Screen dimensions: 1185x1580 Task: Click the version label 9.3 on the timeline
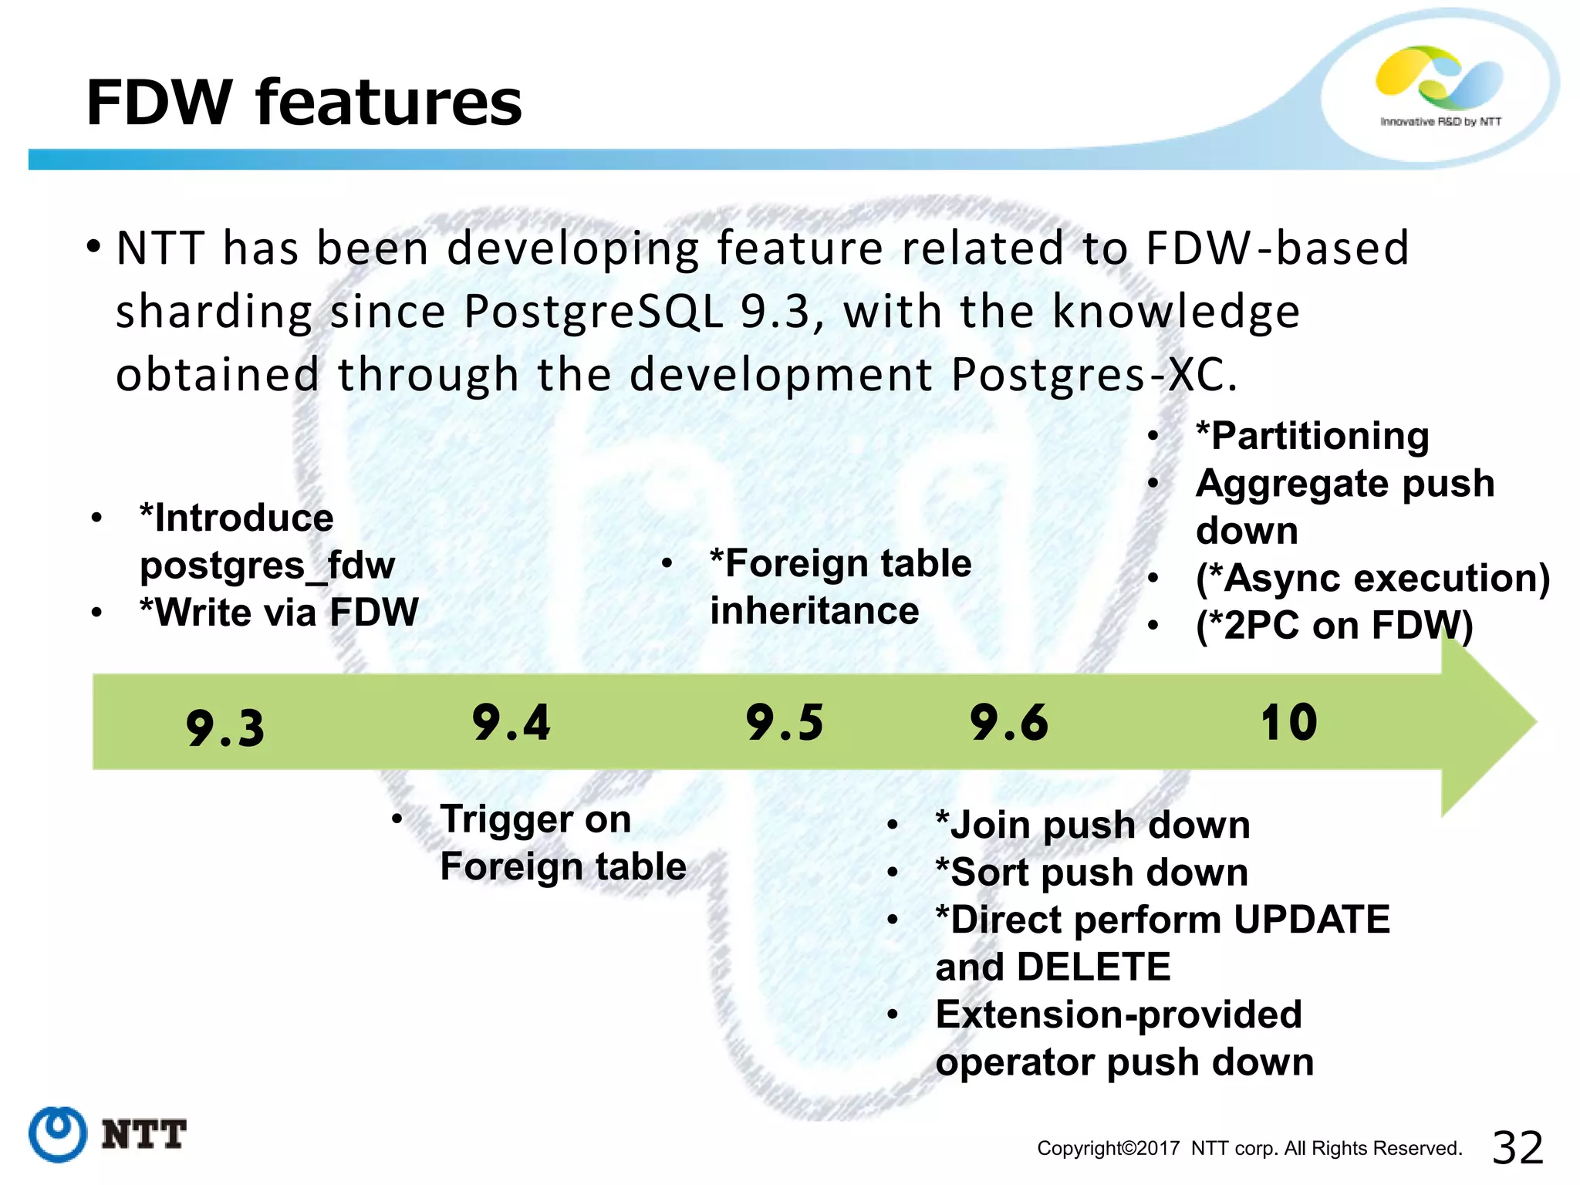225,728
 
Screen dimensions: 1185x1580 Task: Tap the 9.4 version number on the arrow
511,723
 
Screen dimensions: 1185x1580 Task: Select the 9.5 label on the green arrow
785,723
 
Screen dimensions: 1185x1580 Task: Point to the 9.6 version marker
1008,723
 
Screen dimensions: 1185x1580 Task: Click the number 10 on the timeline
1288,723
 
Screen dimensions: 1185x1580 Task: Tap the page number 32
1518,1147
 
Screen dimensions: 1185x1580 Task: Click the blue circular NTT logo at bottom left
58,1134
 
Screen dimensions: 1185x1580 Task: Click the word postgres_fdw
267,565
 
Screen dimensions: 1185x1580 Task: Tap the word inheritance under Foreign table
814,611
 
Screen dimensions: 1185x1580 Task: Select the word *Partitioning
1312,436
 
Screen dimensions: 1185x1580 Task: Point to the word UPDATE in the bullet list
1311,920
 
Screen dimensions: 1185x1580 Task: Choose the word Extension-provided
1118,1015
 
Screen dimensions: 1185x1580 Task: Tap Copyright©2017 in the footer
1108,1149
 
